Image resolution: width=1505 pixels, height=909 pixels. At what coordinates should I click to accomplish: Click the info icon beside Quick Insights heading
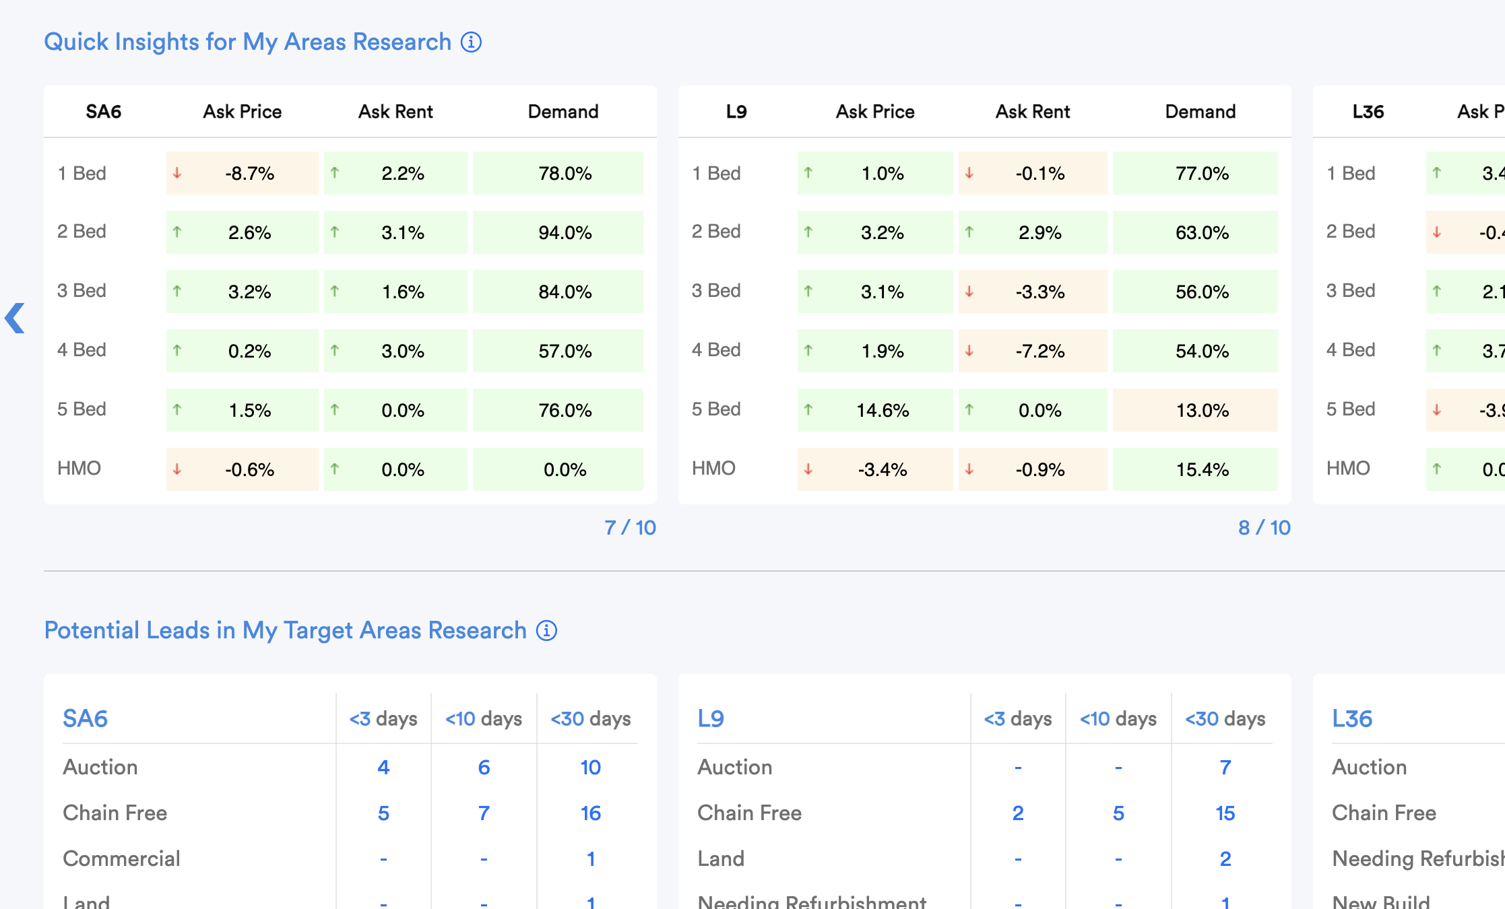[x=471, y=42]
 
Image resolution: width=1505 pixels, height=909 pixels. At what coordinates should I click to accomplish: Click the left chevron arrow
[x=15, y=318]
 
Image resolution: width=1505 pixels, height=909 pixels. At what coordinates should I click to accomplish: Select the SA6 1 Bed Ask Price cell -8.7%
[x=243, y=174]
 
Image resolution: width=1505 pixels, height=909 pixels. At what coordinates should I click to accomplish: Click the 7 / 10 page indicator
[x=630, y=528]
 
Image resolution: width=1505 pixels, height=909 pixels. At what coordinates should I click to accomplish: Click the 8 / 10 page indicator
[x=1264, y=528]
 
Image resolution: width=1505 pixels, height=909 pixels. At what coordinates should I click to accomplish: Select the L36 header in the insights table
[x=1368, y=112]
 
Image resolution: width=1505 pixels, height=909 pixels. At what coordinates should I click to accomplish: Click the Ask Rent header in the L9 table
[x=1032, y=112]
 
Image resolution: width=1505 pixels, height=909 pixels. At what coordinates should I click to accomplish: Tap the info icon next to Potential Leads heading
[x=546, y=631]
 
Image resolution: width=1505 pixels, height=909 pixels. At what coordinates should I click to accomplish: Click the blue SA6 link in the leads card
[x=86, y=719]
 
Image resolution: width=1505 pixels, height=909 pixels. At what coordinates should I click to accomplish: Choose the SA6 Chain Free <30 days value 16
[x=590, y=813]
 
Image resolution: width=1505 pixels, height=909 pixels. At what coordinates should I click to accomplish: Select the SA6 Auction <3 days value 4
[x=383, y=768]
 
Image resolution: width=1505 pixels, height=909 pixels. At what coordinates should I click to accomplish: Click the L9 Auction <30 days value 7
[x=1225, y=768]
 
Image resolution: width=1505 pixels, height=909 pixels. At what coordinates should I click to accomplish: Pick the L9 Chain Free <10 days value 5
[x=1118, y=813]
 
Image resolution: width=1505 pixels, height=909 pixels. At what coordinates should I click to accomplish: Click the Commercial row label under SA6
[x=121, y=859]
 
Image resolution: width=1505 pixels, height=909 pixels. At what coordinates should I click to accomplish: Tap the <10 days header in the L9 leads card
[x=1118, y=719]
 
